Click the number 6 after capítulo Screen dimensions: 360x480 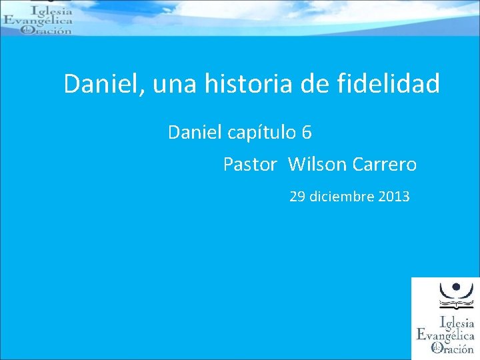point(307,133)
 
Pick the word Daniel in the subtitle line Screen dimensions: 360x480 point(195,133)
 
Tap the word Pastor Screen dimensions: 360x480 point(249,164)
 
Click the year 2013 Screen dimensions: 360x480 point(394,197)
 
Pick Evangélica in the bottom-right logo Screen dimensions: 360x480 point(445,335)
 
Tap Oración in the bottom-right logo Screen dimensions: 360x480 point(454,348)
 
